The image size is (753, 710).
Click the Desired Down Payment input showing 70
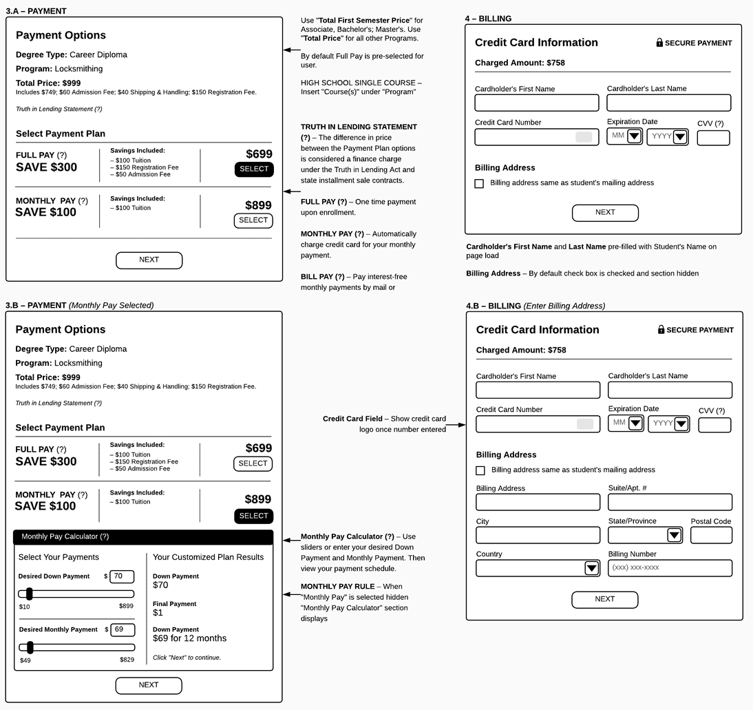[122, 576]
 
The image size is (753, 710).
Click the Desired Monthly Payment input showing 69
[123, 630]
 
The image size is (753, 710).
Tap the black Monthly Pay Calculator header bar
[143, 537]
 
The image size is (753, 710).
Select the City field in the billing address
[538, 535]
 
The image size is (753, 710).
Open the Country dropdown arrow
[591, 568]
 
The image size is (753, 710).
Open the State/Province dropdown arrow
[674, 535]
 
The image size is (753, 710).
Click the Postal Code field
[711, 535]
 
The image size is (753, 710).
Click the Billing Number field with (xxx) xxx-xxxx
[670, 568]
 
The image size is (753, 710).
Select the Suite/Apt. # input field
[670, 502]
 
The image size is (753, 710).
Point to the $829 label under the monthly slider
[127, 660]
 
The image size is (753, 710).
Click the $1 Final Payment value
[158, 613]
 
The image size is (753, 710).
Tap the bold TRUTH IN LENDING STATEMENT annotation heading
[359, 127]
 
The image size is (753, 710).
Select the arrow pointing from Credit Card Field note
[456, 425]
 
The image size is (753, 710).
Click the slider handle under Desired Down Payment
[30, 594]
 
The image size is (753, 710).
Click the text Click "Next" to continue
[187, 658]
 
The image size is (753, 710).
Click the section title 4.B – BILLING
[494, 306]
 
